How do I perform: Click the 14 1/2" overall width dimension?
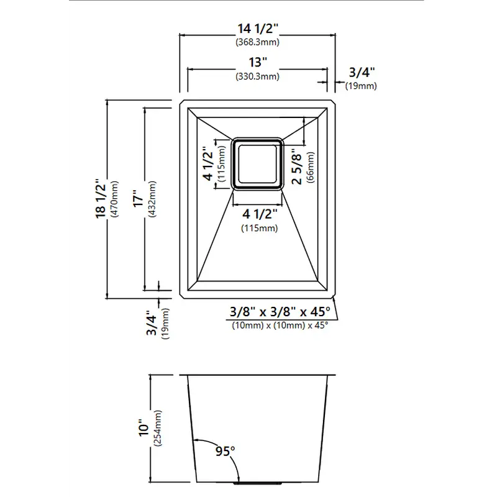(258, 29)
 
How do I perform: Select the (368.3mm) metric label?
(257, 42)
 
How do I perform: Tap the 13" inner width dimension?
(258, 62)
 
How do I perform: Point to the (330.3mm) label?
(257, 76)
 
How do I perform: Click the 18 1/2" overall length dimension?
(101, 199)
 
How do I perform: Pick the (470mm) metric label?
(114, 199)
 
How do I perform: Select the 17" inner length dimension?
(139, 199)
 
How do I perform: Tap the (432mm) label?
(152, 199)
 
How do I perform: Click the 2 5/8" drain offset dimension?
(296, 167)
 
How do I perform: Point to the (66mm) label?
(310, 167)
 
